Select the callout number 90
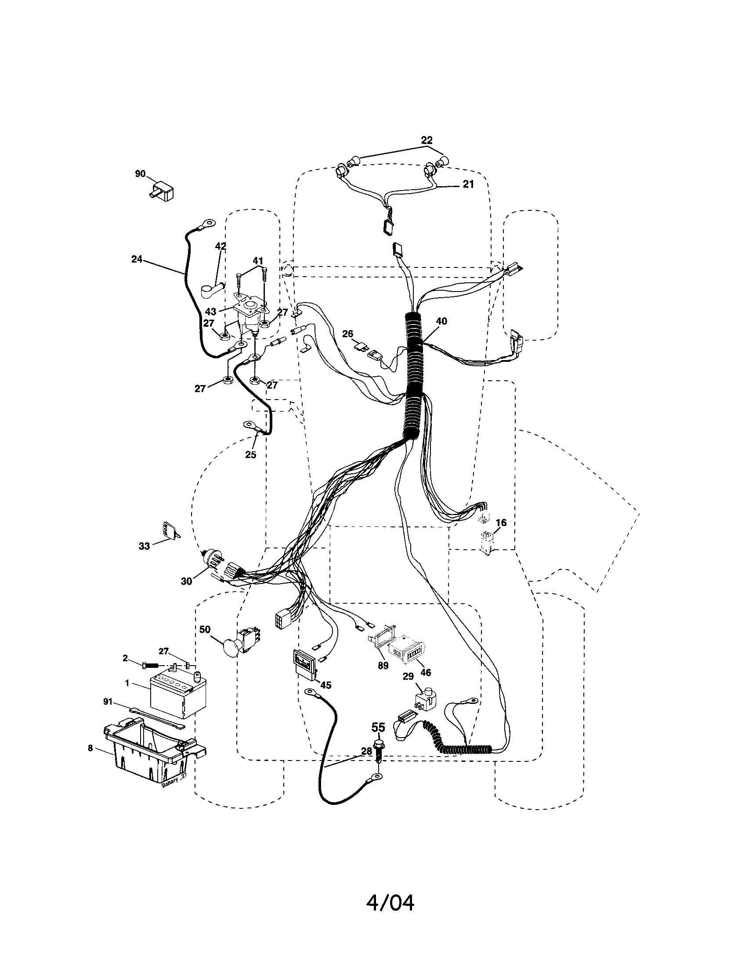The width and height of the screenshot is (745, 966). point(140,174)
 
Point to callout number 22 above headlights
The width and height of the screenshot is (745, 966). point(427,140)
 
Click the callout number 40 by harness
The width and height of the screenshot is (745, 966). point(441,321)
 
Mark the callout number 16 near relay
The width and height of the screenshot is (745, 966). point(501,523)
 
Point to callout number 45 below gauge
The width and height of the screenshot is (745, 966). point(325,685)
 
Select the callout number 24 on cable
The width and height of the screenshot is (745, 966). point(137,259)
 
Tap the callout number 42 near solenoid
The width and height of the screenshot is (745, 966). point(221,246)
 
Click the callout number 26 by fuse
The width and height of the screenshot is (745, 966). point(348,333)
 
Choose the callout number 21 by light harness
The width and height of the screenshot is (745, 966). point(468,184)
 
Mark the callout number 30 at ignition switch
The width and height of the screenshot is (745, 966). point(186,581)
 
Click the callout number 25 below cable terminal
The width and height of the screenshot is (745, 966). point(250,455)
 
